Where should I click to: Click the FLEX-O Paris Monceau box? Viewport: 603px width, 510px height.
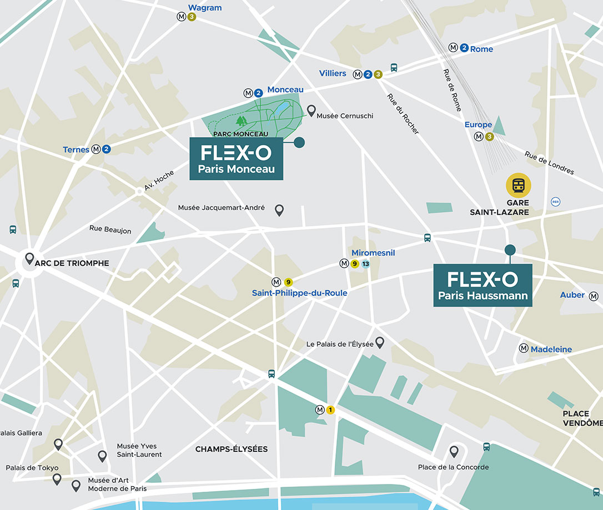point(237,159)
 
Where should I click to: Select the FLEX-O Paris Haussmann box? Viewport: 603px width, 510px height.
point(483,285)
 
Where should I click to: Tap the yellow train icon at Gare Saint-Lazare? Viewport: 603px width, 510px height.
point(518,185)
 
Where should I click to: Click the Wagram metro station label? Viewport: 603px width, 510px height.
point(205,8)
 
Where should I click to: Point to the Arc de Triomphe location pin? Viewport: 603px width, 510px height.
point(30,259)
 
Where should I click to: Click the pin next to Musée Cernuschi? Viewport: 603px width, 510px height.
point(311,111)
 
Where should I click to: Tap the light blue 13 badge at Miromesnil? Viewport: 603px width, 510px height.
point(365,264)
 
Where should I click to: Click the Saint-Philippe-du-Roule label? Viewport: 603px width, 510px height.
point(299,293)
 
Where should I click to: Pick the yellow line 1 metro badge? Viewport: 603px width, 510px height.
point(330,410)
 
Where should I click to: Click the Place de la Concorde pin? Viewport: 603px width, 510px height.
point(454,451)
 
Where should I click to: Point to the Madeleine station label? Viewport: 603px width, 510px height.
point(551,349)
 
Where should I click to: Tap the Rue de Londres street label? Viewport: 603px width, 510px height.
point(549,163)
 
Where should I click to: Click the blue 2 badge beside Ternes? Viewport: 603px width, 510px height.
point(106,149)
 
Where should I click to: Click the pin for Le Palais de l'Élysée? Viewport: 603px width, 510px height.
point(380,342)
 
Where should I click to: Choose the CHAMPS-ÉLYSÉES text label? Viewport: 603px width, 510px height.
point(232,449)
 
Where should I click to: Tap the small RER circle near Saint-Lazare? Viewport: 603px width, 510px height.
point(555,202)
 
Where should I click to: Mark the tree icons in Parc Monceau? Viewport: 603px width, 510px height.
point(242,120)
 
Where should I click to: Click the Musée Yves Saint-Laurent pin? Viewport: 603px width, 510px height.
point(102,456)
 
